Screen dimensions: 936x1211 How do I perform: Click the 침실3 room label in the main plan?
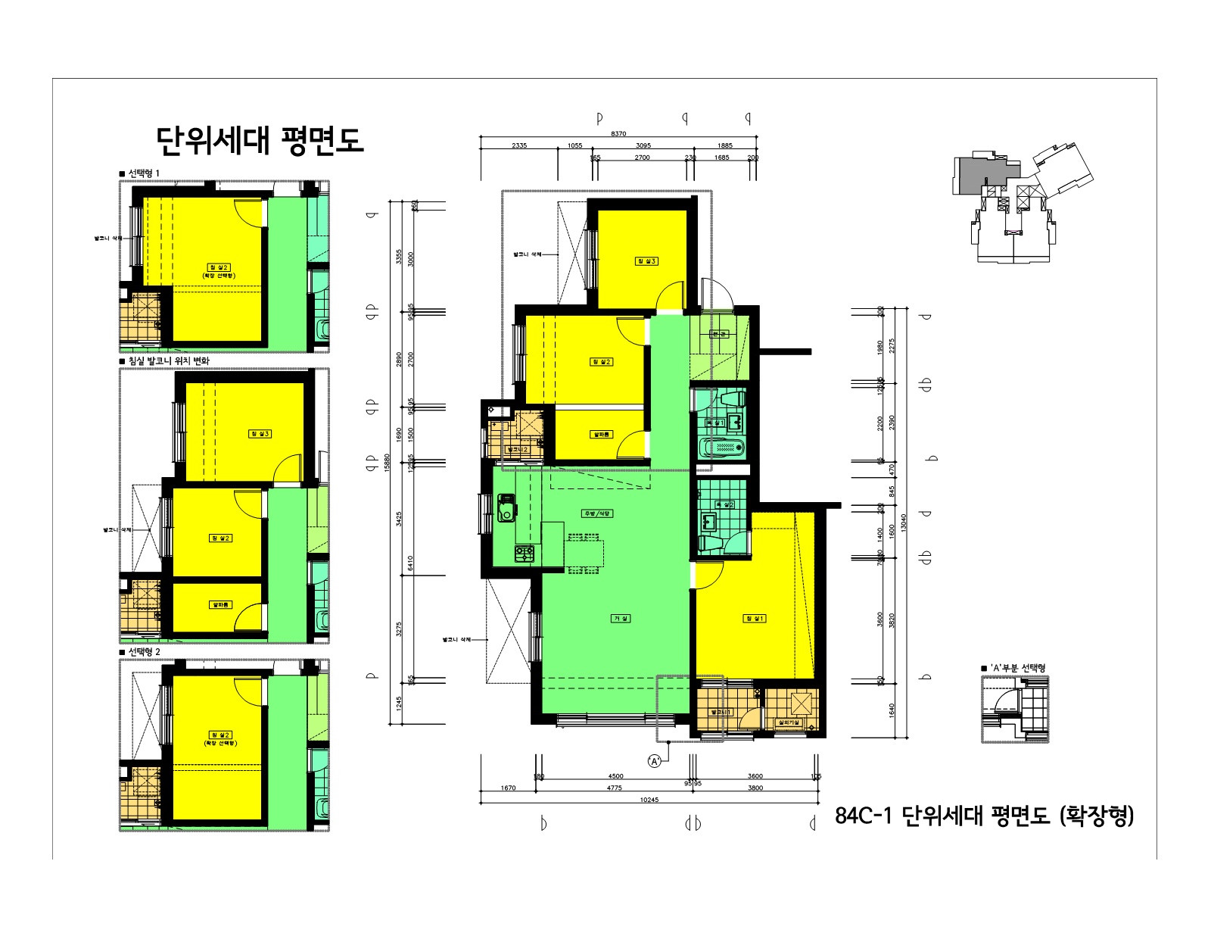tap(646, 261)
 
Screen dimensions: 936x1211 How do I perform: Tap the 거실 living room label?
tap(621, 619)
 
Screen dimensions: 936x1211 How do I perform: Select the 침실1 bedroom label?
tap(755, 619)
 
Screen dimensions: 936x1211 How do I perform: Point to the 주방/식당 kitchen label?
tap(597, 513)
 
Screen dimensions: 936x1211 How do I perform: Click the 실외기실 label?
tap(789, 722)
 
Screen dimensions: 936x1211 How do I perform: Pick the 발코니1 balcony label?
tap(721, 712)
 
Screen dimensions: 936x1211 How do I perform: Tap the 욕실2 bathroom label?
tap(724, 504)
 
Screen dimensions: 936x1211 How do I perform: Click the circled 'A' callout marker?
tap(655, 761)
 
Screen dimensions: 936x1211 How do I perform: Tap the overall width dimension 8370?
tap(618, 133)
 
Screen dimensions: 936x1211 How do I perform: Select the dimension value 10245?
tap(649, 800)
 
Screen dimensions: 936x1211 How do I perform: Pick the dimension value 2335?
tap(519, 145)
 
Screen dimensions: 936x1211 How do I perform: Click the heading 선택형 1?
tap(143, 173)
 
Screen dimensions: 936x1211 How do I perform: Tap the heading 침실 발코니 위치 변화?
tap(168, 361)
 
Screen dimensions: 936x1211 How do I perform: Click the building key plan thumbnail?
tap(1022, 204)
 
